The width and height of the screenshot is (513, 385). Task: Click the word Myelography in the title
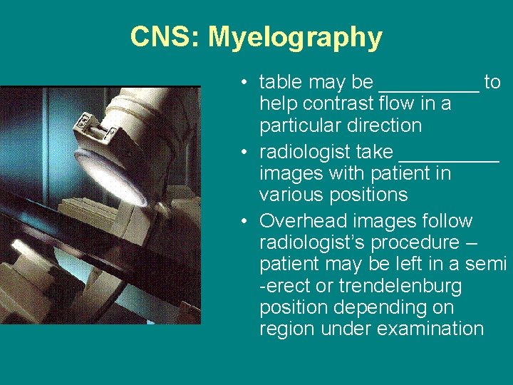(x=295, y=37)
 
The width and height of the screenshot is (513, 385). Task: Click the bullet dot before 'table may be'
(x=244, y=83)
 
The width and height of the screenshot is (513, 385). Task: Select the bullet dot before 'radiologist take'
(x=244, y=153)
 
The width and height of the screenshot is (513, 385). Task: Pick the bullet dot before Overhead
(x=244, y=222)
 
